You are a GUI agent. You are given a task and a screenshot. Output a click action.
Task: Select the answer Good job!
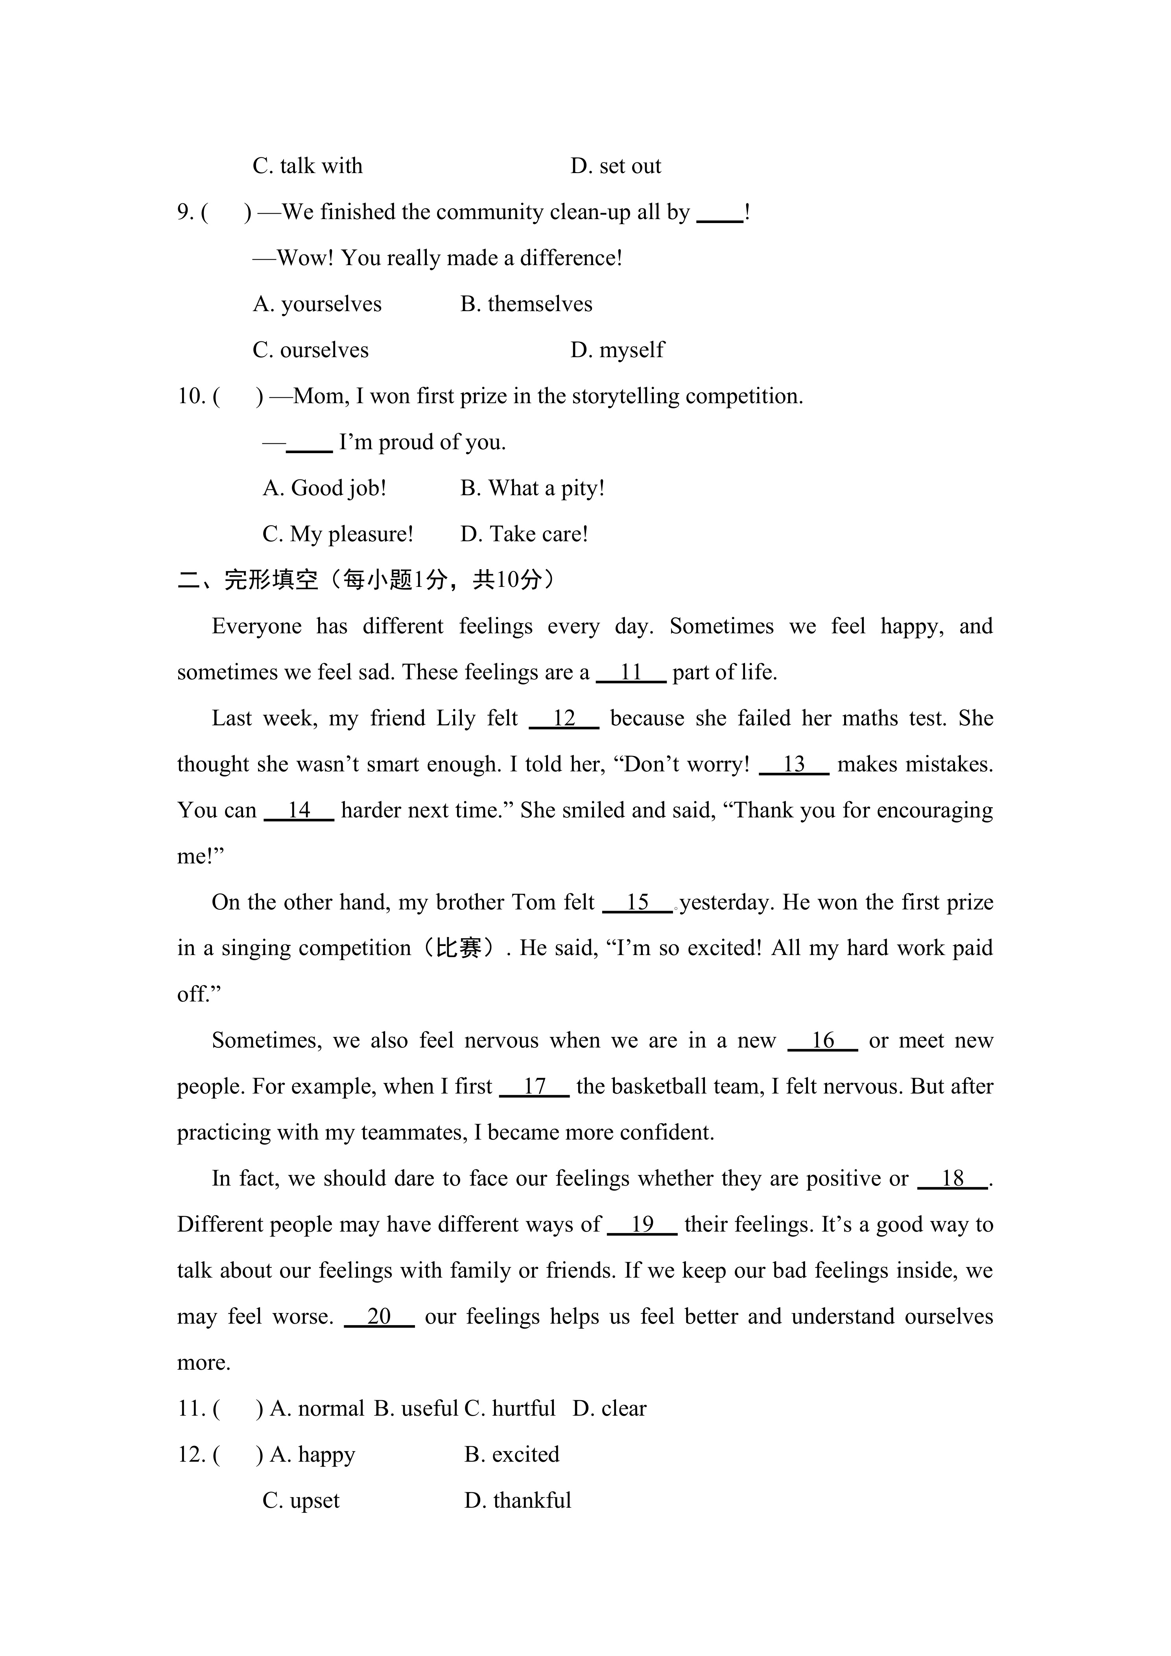(325, 488)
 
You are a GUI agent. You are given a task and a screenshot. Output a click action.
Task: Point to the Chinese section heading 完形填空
(270, 580)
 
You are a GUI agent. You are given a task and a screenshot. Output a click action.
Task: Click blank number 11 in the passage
(631, 672)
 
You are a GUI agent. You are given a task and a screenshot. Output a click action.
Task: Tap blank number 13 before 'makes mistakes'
(794, 765)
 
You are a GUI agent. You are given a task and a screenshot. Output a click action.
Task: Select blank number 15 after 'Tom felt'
(637, 902)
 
